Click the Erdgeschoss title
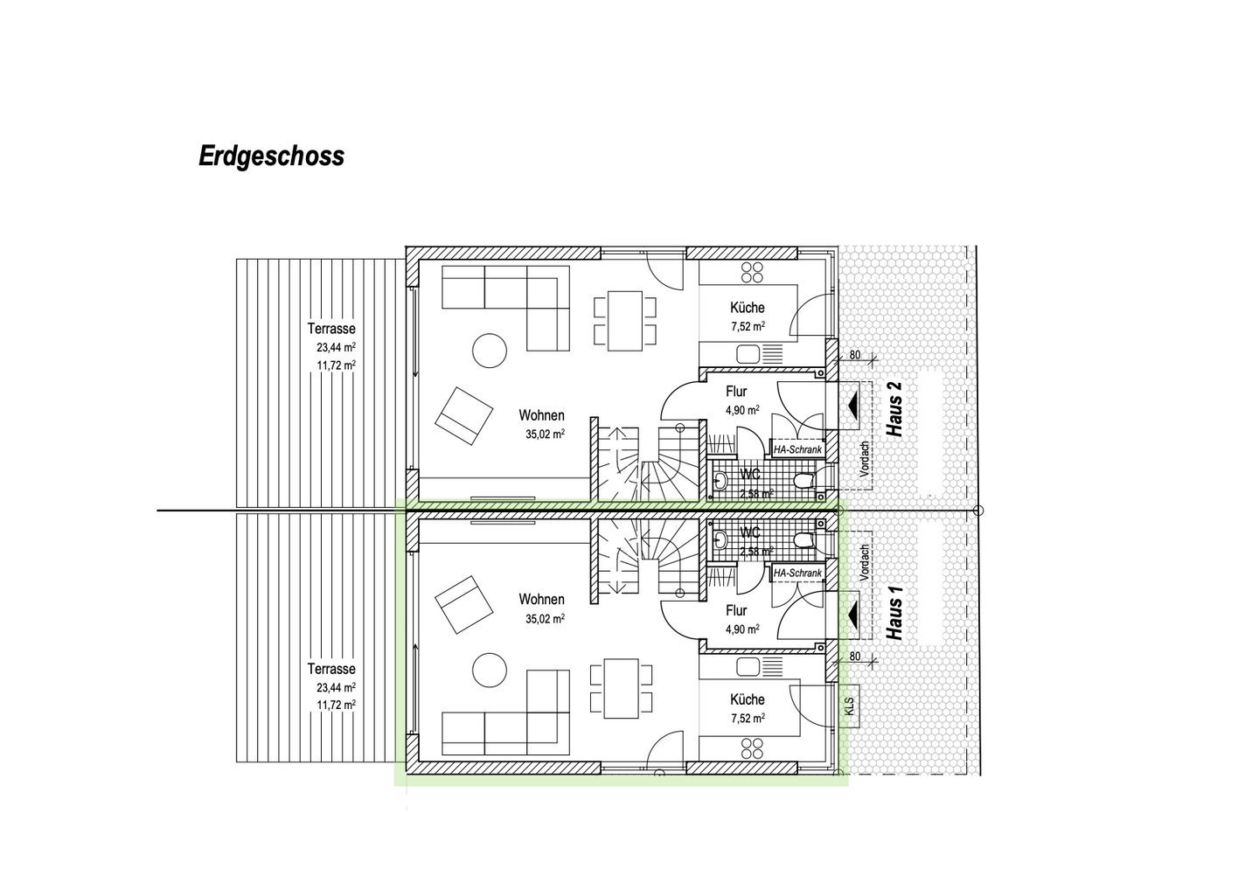pyautogui.click(x=271, y=156)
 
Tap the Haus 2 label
pyautogui.click(x=894, y=409)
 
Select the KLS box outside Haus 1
pyautogui.click(x=849, y=706)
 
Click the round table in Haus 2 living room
pyautogui.click(x=490, y=351)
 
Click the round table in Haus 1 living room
pyautogui.click(x=490, y=671)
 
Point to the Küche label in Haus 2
pyautogui.click(x=748, y=308)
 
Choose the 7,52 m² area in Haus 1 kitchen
pyautogui.click(x=748, y=719)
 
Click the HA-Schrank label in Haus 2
pyautogui.click(x=797, y=449)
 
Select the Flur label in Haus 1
pyautogui.click(x=736, y=611)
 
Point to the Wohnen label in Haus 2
pyautogui.click(x=541, y=415)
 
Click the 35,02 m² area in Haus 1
pyautogui.click(x=545, y=618)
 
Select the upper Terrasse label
pyautogui.click(x=331, y=329)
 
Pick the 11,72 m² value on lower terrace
pyautogui.click(x=336, y=705)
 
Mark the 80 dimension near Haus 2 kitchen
pyautogui.click(x=854, y=355)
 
